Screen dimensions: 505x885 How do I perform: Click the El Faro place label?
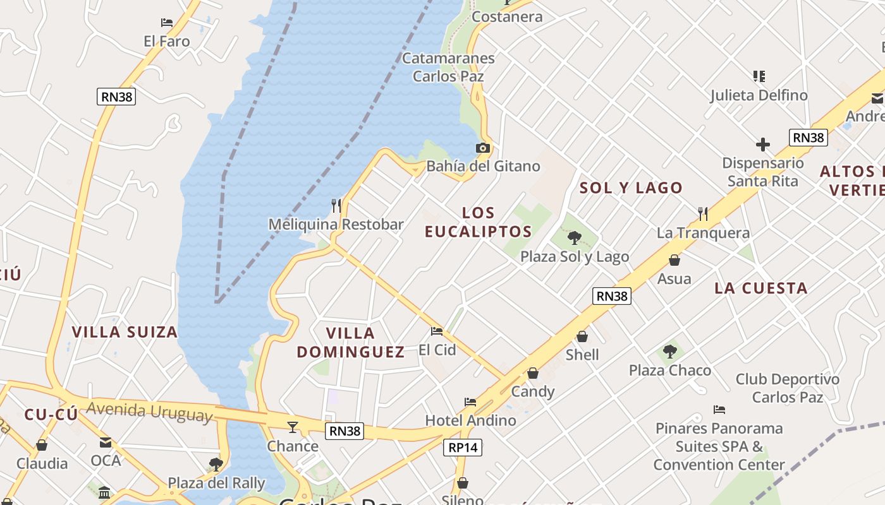click(166, 41)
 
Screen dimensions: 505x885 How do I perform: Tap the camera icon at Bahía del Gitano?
click(483, 148)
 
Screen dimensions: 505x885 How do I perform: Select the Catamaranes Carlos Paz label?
click(448, 67)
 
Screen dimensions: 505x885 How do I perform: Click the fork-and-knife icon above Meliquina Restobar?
click(336, 205)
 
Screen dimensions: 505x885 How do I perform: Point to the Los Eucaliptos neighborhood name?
click(478, 222)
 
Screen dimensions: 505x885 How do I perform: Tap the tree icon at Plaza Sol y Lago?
click(574, 238)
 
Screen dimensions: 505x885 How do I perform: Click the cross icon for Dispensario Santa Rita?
click(763, 145)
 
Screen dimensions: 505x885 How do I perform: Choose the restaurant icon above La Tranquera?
click(702, 214)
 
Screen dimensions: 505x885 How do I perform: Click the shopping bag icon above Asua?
click(674, 260)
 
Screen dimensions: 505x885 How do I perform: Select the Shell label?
click(582, 355)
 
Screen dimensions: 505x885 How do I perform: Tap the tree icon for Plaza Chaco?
click(670, 352)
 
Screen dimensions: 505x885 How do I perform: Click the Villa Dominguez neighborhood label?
click(351, 342)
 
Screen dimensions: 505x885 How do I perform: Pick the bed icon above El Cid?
click(437, 331)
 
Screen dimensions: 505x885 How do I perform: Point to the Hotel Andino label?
click(470, 420)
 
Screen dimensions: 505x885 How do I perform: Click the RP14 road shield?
click(462, 448)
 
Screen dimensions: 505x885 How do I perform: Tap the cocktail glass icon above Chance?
click(292, 427)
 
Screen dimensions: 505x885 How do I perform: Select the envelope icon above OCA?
click(106, 443)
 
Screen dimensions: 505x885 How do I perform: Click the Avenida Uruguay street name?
click(150, 411)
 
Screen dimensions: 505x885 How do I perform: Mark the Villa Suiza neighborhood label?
click(125, 332)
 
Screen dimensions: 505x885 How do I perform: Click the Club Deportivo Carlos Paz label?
click(787, 388)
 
